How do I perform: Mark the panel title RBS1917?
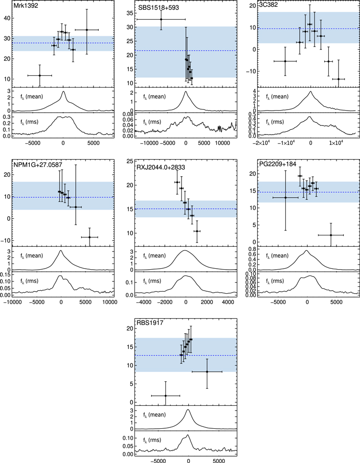coord(149,324)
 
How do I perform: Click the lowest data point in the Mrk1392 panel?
coord(40,75)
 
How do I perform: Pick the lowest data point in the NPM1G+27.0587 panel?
coord(89,237)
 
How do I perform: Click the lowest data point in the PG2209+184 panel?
coord(331,235)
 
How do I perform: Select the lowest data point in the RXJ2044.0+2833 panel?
coord(197,231)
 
